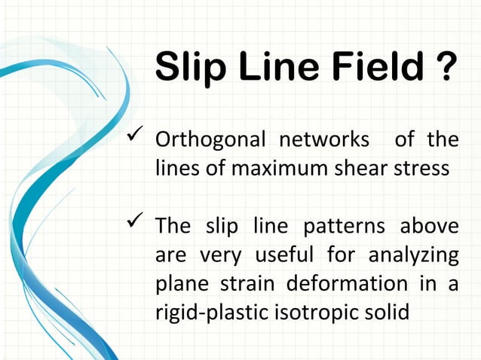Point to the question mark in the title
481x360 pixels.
(445, 69)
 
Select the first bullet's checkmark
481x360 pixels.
(135, 138)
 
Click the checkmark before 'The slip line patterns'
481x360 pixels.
(135, 223)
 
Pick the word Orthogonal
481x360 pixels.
(210, 141)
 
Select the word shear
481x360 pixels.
(357, 168)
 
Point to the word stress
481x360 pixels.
(423, 168)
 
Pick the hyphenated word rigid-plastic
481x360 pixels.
(213, 312)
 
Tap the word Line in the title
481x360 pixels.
(274, 69)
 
